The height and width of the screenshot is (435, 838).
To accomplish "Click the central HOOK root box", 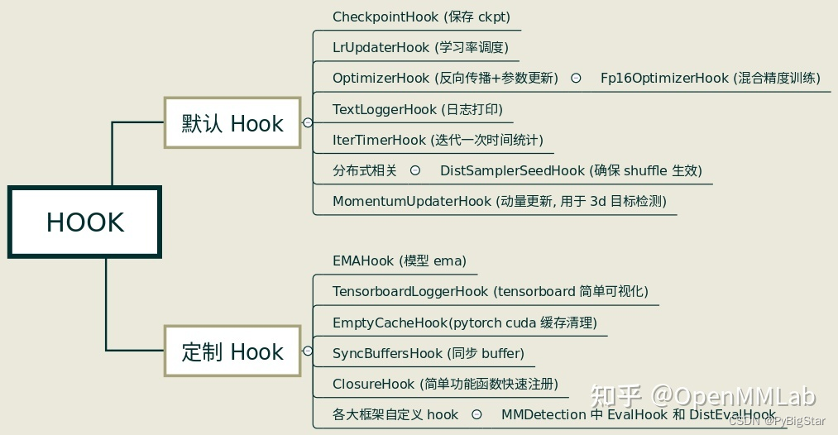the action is coord(84,222).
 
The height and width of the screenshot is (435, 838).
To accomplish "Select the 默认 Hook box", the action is coord(232,123).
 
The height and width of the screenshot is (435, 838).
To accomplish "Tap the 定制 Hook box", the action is coord(232,352).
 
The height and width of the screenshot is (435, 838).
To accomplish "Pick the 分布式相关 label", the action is coord(365,170).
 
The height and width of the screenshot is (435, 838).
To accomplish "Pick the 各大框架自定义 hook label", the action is coord(395,414).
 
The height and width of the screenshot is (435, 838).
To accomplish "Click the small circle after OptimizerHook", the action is coord(575,78).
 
